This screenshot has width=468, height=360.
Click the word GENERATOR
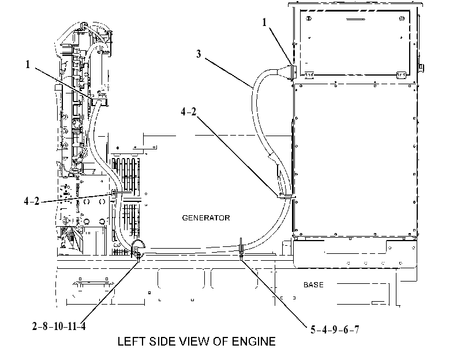(206, 218)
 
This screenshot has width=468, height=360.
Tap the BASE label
(313, 285)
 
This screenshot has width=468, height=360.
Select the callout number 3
(199, 54)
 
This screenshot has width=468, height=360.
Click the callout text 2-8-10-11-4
(59, 327)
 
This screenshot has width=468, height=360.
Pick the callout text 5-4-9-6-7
(335, 329)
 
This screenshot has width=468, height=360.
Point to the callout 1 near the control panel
(264, 22)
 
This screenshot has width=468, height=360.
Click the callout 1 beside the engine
(28, 64)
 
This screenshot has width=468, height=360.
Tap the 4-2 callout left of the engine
(32, 201)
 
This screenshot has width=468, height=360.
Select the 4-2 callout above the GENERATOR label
(189, 112)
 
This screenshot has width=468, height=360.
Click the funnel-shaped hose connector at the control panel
(286, 72)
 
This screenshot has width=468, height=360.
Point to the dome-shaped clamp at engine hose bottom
(138, 246)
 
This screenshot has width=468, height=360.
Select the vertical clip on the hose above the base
(241, 247)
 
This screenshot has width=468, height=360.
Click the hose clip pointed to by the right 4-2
(286, 196)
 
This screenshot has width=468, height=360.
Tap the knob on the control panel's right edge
(421, 67)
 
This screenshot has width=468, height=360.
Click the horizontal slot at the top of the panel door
(355, 20)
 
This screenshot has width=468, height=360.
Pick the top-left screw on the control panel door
(309, 18)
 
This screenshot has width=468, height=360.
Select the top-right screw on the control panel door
(402, 18)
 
